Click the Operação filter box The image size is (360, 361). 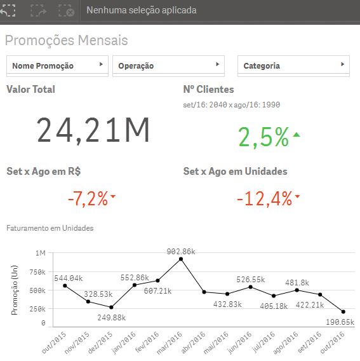(x=168, y=65)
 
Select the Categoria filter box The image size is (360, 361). (x=294, y=65)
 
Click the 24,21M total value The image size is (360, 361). (x=93, y=130)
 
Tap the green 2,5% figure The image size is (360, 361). (x=263, y=137)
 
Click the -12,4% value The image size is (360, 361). (x=264, y=199)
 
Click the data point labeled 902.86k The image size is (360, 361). (x=181, y=259)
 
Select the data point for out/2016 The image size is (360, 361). (x=343, y=312)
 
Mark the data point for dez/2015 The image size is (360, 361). (x=111, y=308)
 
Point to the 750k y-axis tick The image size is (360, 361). (x=37, y=272)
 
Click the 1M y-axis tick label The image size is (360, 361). (x=41, y=254)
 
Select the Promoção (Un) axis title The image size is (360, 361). (x=15, y=290)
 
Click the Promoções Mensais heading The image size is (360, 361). (x=67, y=41)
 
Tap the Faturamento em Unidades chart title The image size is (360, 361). (x=50, y=228)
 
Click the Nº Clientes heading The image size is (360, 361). (x=208, y=90)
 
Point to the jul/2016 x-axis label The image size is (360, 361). (x=267, y=340)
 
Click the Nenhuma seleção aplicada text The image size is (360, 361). (x=141, y=10)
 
